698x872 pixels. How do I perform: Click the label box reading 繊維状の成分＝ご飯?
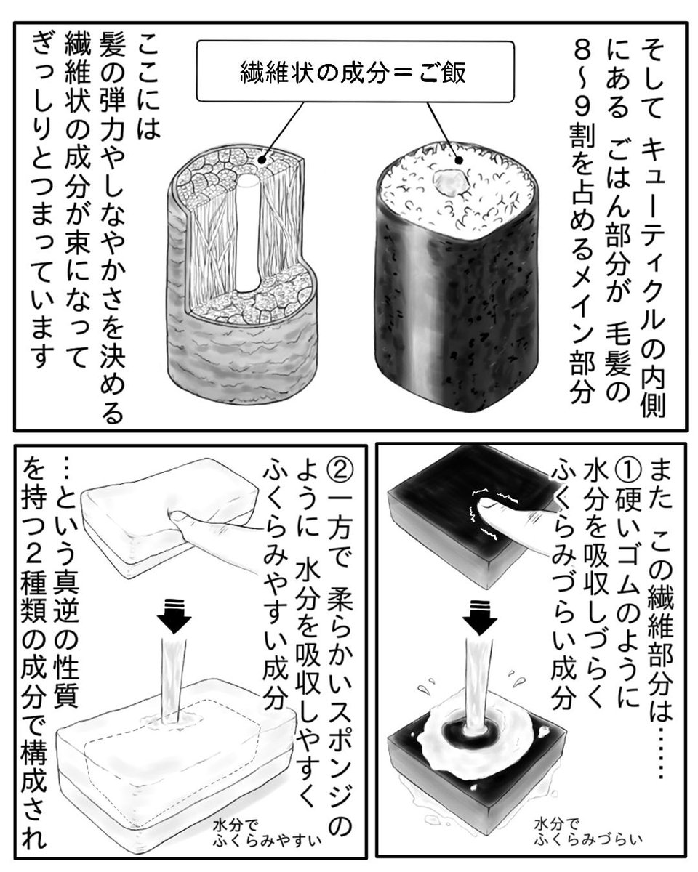pyautogui.click(x=355, y=72)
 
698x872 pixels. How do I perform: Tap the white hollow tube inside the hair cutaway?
pyautogui.click(x=247, y=233)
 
